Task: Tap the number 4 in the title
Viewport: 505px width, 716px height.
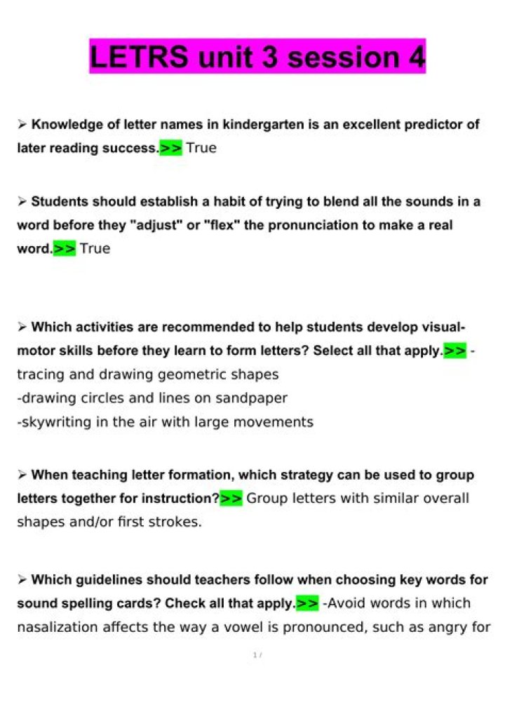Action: tap(417, 57)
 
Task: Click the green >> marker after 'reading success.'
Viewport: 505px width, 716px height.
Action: tap(170, 148)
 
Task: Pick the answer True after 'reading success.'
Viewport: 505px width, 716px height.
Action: tap(201, 148)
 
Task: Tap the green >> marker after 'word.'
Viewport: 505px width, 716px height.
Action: tap(65, 249)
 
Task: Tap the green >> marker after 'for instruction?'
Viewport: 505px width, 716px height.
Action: tap(231, 499)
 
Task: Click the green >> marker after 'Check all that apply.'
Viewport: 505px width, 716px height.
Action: tap(307, 603)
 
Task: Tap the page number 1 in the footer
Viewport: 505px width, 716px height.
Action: tap(254, 656)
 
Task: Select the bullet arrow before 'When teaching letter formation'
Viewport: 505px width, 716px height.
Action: tap(22, 475)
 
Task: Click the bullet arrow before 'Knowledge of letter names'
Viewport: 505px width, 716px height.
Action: tap(22, 125)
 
